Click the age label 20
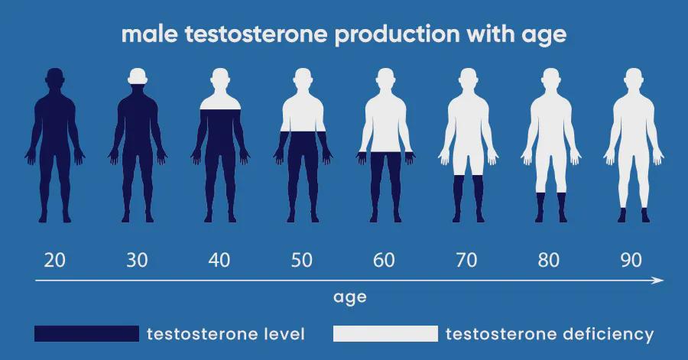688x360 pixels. (x=55, y=260)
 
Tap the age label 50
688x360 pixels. (x=302, y=260)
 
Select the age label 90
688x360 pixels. (x=631, y=260)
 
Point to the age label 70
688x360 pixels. (x=466, y=260)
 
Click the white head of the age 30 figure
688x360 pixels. (x=138, y=76)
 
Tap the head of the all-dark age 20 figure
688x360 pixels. (x=55, y=78)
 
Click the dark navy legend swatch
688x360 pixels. (x=86, y=333)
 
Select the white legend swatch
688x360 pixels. (x=385, y=333)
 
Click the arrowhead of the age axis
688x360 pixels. (x=658, y=281)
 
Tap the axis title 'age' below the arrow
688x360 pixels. (x=349, y=298)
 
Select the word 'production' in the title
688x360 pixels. (x=398, y=35)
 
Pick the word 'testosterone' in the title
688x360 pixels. (x=256, y=34)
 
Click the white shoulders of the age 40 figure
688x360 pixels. (x=220, y=102)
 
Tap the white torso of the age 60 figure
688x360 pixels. (x=385, y=125)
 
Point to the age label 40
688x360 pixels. (x=219, y=260)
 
